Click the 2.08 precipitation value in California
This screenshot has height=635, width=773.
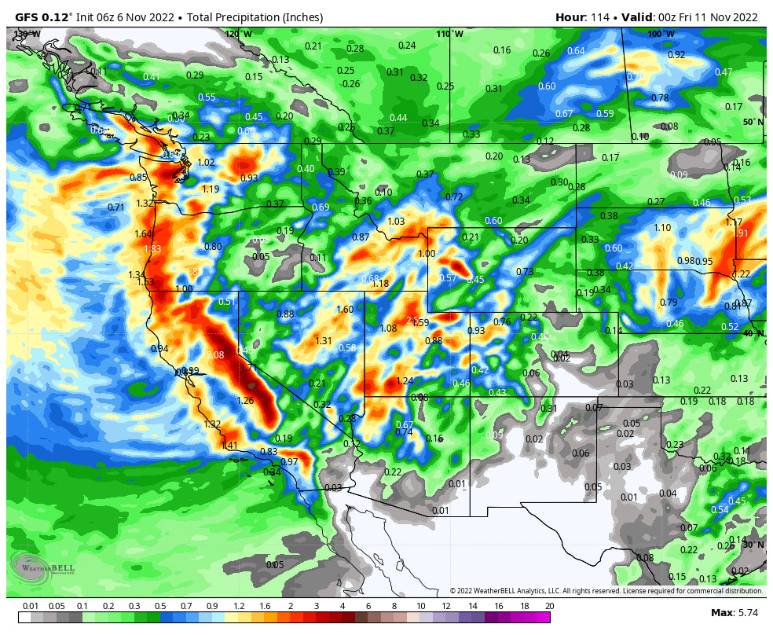214,355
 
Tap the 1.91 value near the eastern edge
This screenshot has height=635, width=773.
740,233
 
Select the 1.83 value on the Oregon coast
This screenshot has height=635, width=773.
152,249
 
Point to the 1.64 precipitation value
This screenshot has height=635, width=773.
143,234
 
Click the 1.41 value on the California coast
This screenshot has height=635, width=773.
229,446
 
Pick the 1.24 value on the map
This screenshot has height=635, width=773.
404,381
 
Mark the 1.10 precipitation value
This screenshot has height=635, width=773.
662,228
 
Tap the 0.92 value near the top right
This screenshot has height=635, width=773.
676,55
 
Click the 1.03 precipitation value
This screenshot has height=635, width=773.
396,222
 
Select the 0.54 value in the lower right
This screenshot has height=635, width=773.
720,509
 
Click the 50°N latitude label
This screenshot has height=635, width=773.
753,123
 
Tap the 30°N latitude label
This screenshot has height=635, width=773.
753,545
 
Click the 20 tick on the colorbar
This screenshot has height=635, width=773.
549,606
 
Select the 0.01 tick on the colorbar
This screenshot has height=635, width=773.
31,606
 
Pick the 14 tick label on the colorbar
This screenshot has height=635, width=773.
472,606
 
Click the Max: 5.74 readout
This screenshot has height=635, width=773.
733,612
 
